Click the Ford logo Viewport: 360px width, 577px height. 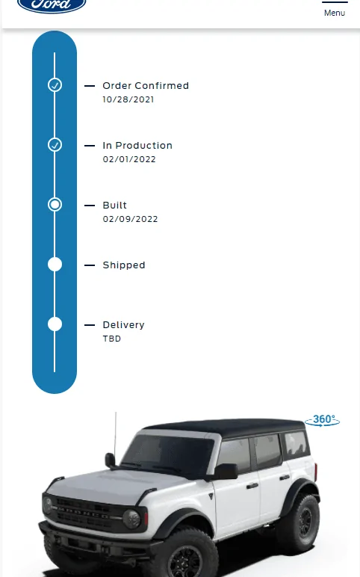(52, 4)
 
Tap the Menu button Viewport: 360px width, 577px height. (335, 9)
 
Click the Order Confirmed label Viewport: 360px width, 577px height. (146, 86)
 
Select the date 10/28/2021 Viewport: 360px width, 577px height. (128, 99)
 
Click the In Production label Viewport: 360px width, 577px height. (137, 145)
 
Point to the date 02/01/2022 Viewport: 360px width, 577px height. (129, 159)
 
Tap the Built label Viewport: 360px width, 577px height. (115, 205)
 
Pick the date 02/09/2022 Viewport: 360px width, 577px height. (130, 219)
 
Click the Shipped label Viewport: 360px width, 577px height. (124, 265)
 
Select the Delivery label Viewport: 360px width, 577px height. (123, 325)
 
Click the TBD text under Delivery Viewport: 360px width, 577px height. (112, 339)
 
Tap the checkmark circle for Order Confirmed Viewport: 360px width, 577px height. (55, 85)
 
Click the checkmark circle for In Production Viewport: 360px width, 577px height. (55, 144)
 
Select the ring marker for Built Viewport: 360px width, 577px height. (55, 200)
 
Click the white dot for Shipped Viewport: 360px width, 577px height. (55, 265)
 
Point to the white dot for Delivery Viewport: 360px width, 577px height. (55, 324)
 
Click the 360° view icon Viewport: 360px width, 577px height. (323, 420)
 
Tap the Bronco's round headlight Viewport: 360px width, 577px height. (131, 519)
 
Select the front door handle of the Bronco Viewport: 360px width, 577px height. (252, 486)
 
